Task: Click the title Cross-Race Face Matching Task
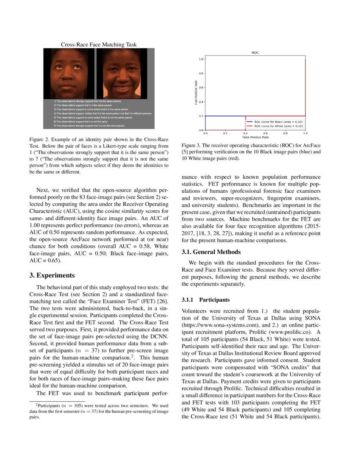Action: [99, 44]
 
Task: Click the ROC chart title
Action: [255, 53]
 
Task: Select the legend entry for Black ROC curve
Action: [278, 122]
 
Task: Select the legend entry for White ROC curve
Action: [278, 126]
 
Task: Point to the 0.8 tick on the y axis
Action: [201, 73]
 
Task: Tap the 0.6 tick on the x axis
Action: [265, 133]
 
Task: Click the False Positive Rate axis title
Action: [255, 137]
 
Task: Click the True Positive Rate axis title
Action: [196, 94]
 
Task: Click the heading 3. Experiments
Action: [52, 275]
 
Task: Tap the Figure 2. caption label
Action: [41, 139]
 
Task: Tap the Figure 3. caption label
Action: [193, 145]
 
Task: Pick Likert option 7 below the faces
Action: [89, 126]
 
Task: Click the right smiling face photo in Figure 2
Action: [122, 73]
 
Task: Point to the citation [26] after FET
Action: [164, 301]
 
